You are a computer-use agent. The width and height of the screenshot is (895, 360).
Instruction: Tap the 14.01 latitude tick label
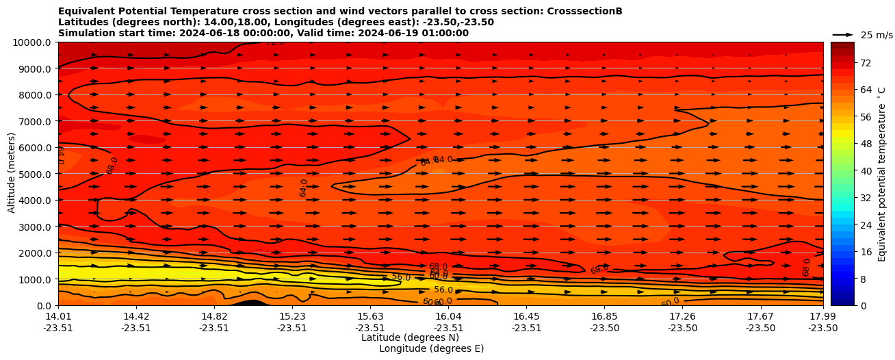tap(58, 316)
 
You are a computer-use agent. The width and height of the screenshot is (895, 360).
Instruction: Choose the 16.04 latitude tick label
tap(448, 316)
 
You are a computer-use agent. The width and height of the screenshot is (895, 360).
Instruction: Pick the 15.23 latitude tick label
tap(292, 316)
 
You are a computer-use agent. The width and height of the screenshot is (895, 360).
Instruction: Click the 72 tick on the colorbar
tap(865, 63)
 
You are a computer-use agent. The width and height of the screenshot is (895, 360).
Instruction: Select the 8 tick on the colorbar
tap(862, 279)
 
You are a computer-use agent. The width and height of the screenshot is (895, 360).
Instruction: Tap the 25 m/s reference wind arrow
tap(843, 35)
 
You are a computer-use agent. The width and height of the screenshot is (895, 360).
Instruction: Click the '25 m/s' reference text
tap(877, 35)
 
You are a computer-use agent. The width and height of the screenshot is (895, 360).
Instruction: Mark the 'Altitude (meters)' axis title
tap(12, 174)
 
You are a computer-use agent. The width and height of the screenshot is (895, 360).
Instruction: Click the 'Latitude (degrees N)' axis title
tap(410, 337)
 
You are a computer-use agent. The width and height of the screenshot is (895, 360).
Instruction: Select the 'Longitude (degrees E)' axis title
tap(431, 348)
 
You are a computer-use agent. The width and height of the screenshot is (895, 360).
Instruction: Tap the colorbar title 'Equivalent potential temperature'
tap(881, 174)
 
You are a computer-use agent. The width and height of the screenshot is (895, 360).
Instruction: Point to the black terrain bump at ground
tap(252, 303)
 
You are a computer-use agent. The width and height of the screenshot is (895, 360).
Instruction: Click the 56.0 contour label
tap(401, 277)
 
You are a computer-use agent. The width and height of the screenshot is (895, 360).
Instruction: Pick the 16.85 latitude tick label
tap(604, 316)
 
